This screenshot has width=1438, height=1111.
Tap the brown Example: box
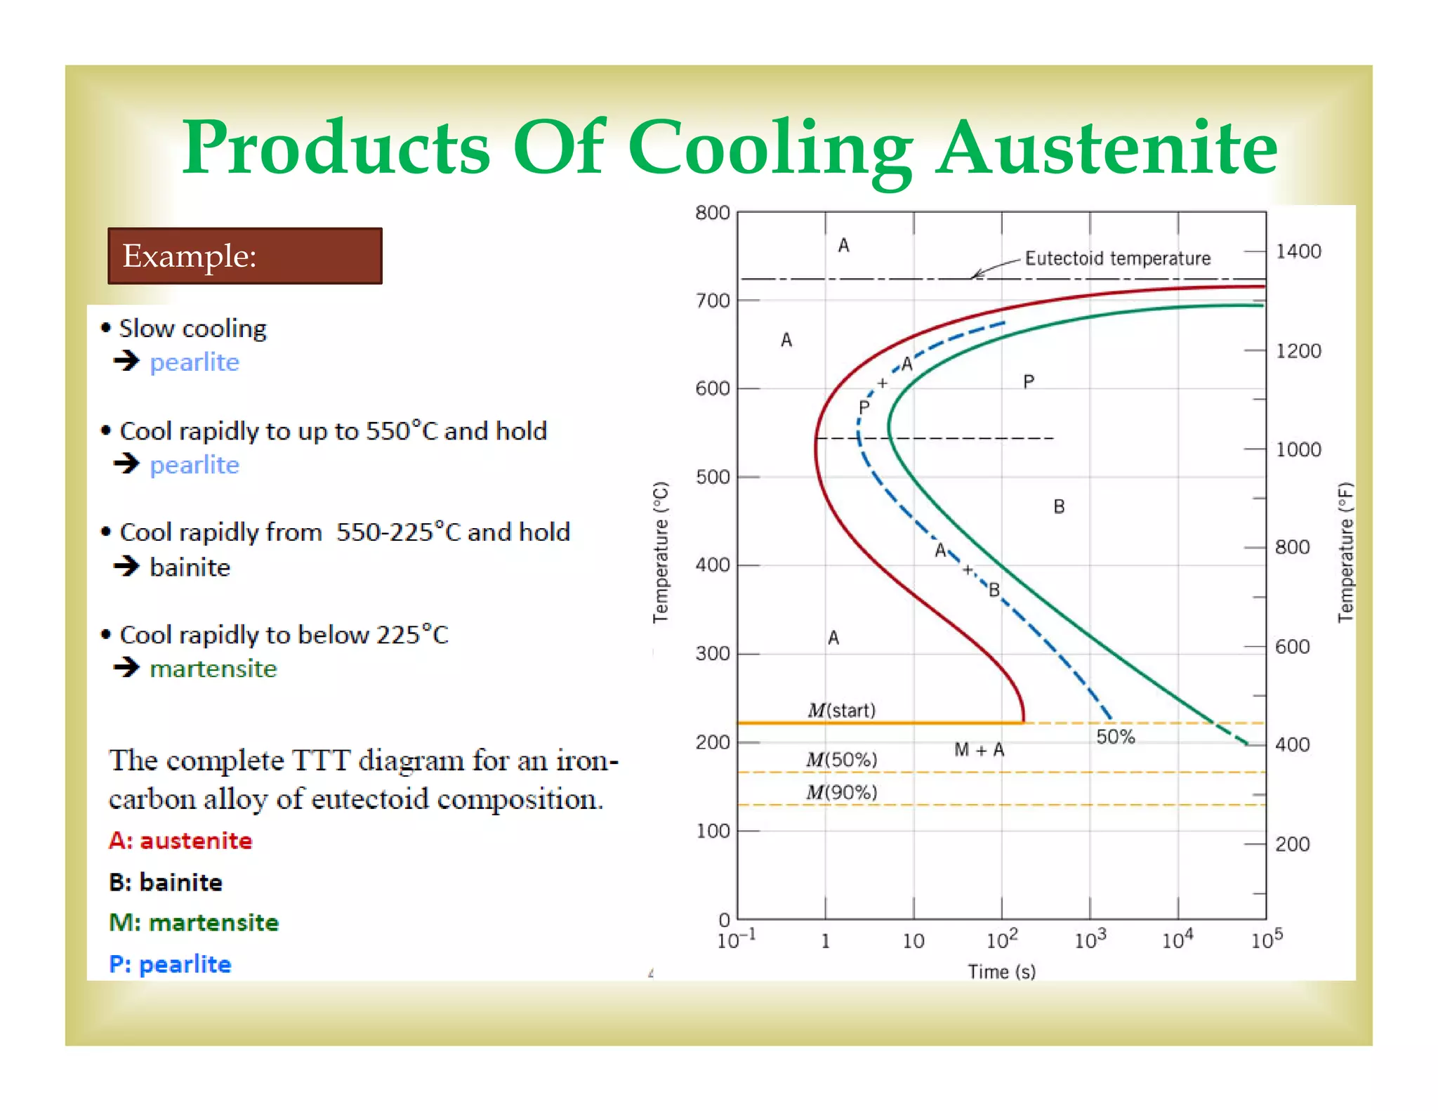coord(245,256)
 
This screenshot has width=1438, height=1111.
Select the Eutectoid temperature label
coord(1117,258)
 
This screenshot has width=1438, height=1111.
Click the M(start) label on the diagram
coord(841,710)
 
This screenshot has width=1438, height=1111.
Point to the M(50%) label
coord(841,759)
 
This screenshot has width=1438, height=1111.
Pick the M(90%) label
coord(841,792)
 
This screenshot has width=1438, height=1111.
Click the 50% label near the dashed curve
coord(1115,737)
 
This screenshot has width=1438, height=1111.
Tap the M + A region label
coord(979,750)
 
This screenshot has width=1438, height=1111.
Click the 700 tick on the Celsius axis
coord(713,301)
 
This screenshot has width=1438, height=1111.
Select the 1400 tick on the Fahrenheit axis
coord(1298,251)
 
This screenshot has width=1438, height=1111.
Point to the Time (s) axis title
coord(1001,971)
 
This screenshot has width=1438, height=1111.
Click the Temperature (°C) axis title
coord(661,552)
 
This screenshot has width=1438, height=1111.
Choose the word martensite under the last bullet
coord(213,669)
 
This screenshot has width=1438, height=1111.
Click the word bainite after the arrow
coord(190,567)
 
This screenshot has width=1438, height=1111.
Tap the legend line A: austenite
coord(180,841)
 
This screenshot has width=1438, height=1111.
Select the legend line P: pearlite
coord(170,964)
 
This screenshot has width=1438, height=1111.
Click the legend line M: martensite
coord(194,922)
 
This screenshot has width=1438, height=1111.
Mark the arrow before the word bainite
coord(127,565)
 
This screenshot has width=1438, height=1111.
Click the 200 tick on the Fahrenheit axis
coord(1292,843)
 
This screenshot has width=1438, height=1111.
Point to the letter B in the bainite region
coord(1059,506)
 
